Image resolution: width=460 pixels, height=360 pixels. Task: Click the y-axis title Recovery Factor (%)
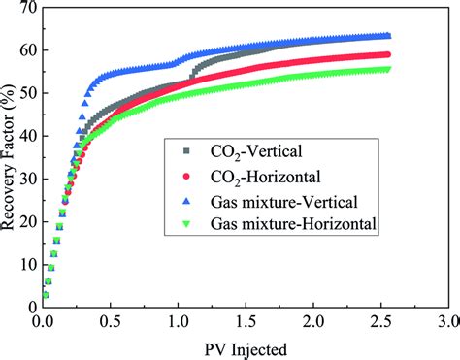click(x=11, y=155)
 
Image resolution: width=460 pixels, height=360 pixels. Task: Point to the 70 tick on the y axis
click(x=25, y=10)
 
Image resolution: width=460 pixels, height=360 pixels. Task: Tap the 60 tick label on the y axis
click(x=25, y=51)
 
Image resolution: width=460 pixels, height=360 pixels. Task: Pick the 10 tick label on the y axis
click(x=25, y=264)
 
